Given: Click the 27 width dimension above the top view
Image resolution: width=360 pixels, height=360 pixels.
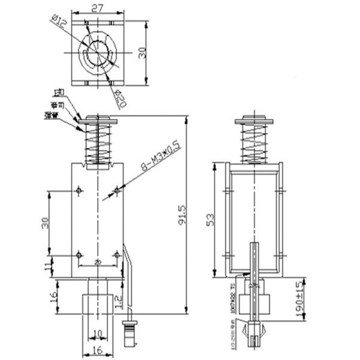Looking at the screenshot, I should point(97,7).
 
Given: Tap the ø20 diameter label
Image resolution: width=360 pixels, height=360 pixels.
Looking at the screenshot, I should point(119,99).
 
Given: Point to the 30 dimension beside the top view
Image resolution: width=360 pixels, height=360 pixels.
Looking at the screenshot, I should point(142,52).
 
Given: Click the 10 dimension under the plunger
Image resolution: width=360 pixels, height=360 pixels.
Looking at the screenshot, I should point(97,333).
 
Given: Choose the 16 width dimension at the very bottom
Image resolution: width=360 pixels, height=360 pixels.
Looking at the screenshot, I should point(97,351).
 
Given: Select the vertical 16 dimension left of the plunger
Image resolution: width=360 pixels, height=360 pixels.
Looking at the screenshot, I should point(53,296).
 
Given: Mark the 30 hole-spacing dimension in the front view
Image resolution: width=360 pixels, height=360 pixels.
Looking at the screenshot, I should point(44,223).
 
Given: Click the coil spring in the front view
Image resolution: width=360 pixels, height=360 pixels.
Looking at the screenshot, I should point(97,144).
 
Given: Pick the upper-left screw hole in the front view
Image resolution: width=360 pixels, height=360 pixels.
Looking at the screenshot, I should point(79,191).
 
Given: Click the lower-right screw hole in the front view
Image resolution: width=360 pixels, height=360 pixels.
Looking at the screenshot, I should point(116,255).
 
